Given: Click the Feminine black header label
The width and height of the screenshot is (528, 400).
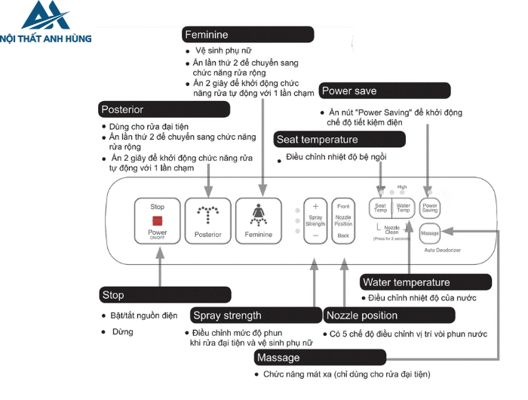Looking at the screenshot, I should click(248, 35).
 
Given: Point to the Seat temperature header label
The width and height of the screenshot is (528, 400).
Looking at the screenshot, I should click(339, 140).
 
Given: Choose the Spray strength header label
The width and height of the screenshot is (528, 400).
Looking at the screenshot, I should click(255, 315).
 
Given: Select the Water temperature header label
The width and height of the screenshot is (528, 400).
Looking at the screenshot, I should click(426, 283).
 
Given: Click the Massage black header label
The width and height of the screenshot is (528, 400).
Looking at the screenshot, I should click(320, 357).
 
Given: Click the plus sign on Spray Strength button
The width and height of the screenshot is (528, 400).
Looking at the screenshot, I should click(315, 206).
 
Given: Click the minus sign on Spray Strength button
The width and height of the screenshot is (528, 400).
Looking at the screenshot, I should click(315, 236).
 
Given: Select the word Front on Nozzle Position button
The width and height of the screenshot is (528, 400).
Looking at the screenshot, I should click(343, 206).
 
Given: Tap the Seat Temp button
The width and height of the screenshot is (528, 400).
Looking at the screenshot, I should click(381, 208).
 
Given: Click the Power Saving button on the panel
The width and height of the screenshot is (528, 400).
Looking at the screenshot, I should click(430, 208).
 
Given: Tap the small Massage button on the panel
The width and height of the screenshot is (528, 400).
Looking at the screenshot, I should click(430, 233).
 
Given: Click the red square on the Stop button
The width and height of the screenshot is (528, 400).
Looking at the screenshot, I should click(158, 220).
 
